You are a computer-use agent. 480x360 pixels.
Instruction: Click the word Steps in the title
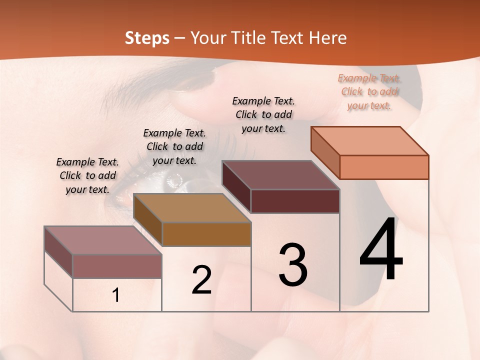147,38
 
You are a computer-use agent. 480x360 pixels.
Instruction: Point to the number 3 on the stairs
293,265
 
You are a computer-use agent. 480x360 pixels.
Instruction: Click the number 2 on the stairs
202,280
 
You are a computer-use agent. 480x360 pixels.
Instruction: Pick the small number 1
116,295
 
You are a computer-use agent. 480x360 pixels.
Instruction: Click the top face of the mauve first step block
103,240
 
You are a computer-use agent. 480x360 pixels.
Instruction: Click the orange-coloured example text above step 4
369,91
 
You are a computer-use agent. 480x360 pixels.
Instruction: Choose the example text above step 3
263,114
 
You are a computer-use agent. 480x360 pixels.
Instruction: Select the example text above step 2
174,146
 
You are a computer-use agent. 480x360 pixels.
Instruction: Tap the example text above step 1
87,175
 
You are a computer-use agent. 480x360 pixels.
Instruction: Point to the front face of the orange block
384,167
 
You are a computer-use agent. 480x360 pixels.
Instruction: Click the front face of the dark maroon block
295,201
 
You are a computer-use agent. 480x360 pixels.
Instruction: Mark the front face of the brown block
206,234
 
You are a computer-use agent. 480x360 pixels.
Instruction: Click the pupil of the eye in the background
176,180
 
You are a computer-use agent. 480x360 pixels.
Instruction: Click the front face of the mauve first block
117,266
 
